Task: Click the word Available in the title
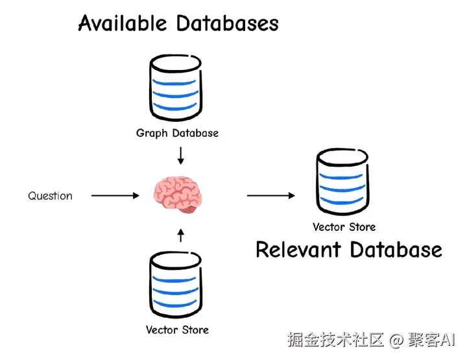click(x=123, y=23)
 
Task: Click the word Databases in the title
click(x=227, y=23)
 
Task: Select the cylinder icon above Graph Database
click(x=175, y=88)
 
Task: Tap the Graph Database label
click(x=177, y=133)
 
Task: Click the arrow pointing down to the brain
click(x=180, y=156)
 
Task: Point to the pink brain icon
click(x=178, y=195)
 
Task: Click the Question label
click(x=50, y=196)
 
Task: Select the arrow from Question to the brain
click(x=115, y=196)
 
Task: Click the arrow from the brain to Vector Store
click(x=271, y=196)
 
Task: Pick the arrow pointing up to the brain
click(x=180, y=235)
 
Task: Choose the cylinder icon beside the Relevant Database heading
click(x=342, y=182)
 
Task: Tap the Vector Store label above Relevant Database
click(x=344, y=227)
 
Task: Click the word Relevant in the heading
click(x=298, y=250)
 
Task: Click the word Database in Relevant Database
click(x=396, y=250)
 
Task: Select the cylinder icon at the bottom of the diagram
click(x=175, y=285)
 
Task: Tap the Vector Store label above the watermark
click(x=177, y=330)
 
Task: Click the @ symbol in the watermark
click(x=396, y=340)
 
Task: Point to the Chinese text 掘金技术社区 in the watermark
click(x=336, y=339)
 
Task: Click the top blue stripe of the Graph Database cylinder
click(x=174, y=82)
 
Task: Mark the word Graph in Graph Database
click(x=152, y=133)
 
